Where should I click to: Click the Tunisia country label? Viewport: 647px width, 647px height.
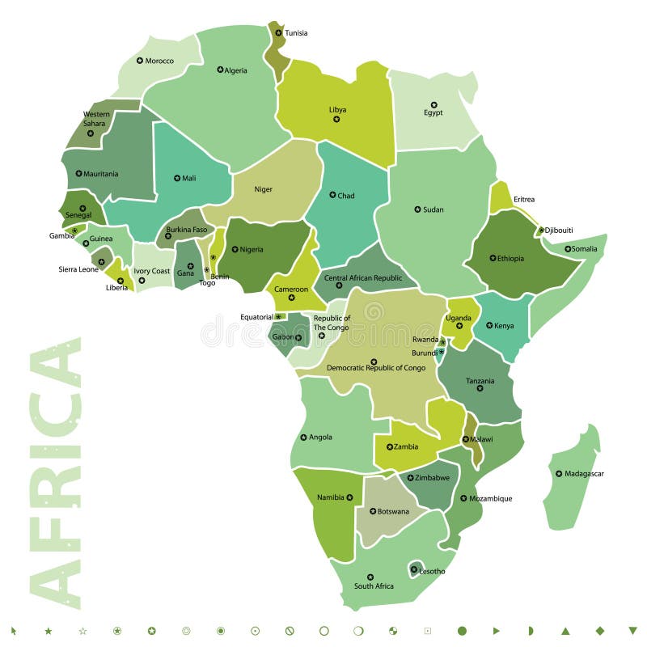pos(296,33)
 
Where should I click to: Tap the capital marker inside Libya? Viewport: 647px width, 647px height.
pos(336,120)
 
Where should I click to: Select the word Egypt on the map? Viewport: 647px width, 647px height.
pos(433,113)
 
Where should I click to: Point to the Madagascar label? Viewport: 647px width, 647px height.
pos(584,474)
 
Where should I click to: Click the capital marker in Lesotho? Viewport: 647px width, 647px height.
pos(414,569)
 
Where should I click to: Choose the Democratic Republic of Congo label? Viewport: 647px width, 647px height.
pos(376,368)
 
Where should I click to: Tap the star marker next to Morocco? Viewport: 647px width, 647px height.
pos(140,61)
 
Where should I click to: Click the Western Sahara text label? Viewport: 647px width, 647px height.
pos(95,119)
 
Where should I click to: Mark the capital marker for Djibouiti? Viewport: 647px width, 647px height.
pos(541,230)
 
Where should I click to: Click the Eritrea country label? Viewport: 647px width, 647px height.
pos(524,200)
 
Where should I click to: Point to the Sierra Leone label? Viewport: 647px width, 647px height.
pos(78,269)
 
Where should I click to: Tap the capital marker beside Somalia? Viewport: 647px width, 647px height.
pos(568,249)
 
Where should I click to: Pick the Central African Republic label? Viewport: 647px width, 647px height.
pos(363,278)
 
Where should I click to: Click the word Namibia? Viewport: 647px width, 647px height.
pos(331,497)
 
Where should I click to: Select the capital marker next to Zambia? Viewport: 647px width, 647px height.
pos(389,446)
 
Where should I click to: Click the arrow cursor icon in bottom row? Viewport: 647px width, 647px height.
pos(14,630)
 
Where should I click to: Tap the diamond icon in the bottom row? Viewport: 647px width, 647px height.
pos(599,630)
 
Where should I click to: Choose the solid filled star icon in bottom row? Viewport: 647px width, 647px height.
pos(48,630)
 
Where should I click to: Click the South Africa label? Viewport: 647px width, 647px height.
pos(374,586)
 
